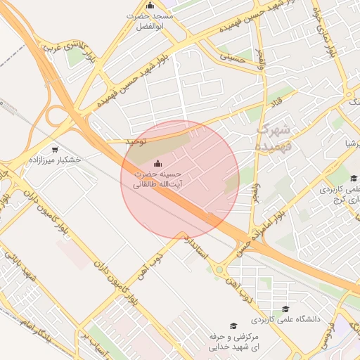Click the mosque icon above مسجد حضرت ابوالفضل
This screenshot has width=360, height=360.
pos(149,6)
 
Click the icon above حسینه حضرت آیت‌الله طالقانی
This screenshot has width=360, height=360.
pos(156,164)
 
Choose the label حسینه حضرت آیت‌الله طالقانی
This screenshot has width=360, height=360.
pos(157,179)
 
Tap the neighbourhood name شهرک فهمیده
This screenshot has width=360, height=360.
pos(274,137)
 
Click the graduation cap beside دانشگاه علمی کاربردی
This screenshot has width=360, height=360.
pos(285,309)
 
